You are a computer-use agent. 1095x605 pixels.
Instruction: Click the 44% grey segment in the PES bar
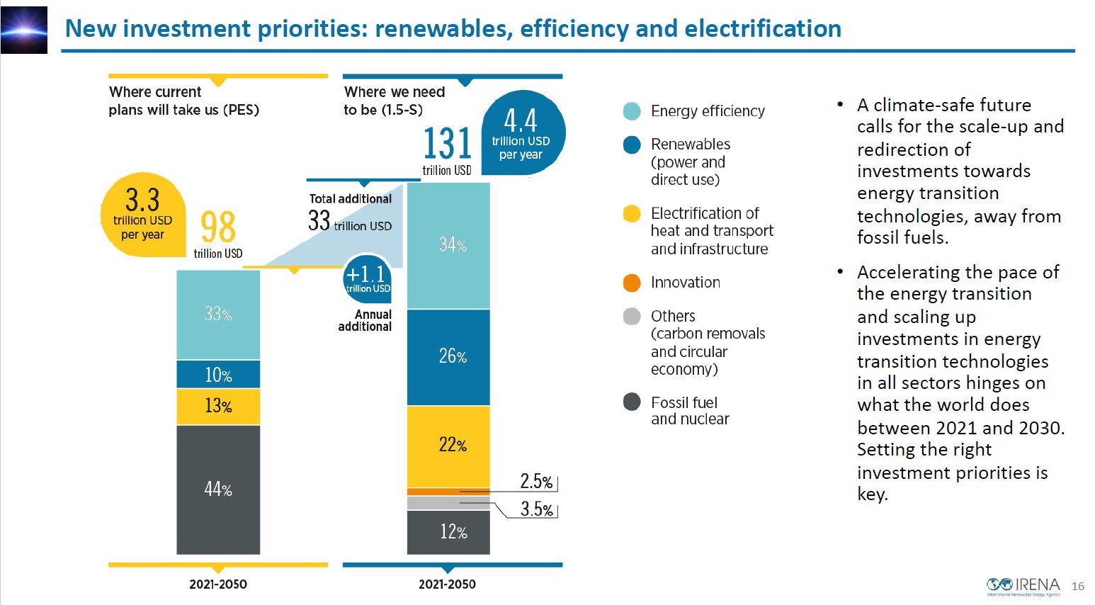coord(218,489)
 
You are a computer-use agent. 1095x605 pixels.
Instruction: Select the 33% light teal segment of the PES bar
coord(218,315)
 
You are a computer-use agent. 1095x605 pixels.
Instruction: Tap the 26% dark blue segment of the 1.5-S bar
coord(448,356)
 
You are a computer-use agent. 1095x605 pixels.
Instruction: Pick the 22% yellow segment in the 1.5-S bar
coord(448,446)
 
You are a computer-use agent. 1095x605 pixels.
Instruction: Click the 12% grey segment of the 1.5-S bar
coord(448,532)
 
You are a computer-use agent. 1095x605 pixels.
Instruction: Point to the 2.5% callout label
coord(536,482)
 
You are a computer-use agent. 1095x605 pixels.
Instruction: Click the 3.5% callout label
coord(536,509)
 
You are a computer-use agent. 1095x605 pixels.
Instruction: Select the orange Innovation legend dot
coord(632,283)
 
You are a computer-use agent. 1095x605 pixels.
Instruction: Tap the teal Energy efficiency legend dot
coord(632,111)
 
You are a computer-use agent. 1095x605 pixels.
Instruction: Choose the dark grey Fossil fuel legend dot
coord(632,402)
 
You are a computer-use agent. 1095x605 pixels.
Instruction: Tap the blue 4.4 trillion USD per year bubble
coord(522,133)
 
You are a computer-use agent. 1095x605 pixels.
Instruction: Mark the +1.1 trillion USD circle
coord(367,278)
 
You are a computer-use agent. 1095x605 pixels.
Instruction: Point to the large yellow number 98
coord(217,227)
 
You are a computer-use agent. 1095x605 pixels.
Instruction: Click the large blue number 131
coord(447,144)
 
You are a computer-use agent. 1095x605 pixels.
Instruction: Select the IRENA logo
coord(1023,586)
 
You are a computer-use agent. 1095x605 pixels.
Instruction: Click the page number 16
coord(1078,587)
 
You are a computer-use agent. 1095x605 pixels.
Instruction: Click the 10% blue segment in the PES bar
coord(218,375)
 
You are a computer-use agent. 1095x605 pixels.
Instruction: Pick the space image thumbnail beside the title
coord(24,30)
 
